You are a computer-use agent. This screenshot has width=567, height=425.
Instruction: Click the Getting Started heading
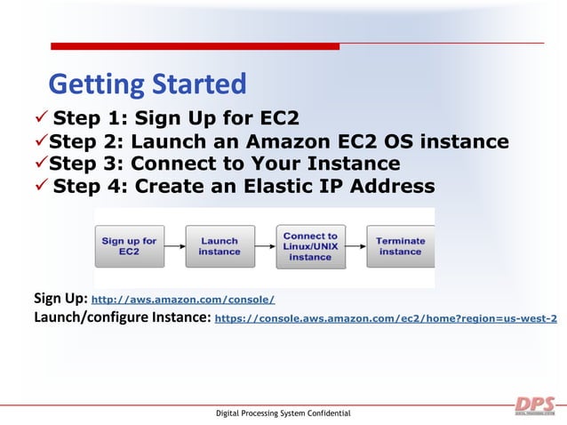[x=147, y=84]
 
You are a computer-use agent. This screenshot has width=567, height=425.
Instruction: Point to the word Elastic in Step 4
[x=276, y=186]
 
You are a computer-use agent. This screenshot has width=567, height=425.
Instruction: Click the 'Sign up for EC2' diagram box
[x=129, y=246]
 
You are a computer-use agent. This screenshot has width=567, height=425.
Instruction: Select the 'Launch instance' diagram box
[x=220, y=246]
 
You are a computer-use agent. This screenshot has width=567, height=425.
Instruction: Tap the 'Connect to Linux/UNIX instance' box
[x=310, y=246]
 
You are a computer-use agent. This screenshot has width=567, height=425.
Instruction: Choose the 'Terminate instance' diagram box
[x=400, y=246]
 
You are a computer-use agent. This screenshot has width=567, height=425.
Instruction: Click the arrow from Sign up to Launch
[x=174, y=246]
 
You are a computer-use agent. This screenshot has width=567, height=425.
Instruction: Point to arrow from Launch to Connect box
[x=265, y=246]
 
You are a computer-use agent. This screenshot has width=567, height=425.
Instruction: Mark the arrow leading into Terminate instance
[x=355, y=246]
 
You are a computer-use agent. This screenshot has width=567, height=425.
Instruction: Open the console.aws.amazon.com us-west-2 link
[x=387, y=318]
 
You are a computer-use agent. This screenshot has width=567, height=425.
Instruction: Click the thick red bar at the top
[x=195, y=46]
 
